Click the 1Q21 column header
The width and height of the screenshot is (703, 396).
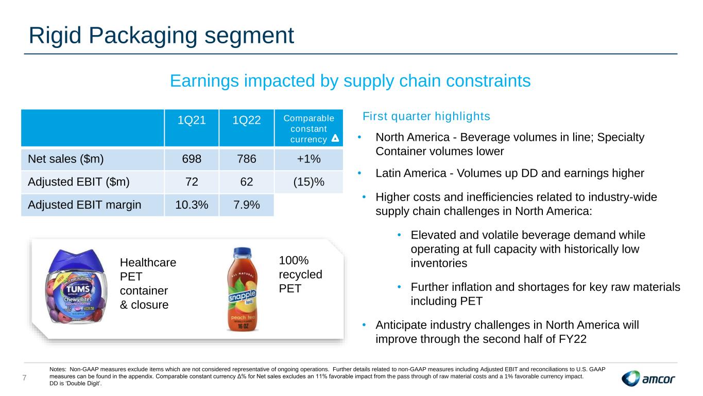[192, 120]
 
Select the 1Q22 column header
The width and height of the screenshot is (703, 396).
[246, 120]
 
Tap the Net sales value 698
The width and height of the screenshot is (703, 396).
[192, 159]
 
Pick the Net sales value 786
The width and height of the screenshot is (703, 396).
[246, 159]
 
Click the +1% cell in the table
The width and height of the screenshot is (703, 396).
[308, 159]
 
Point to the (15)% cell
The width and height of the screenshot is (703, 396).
[308, 182]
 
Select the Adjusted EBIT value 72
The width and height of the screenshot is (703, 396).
[192, 182]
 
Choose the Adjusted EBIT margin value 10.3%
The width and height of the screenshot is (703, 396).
[192, 205]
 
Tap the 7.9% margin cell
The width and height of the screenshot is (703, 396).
[246, 205]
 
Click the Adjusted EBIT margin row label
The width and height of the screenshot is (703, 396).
[84, 205]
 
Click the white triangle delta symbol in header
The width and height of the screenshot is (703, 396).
[335, 138]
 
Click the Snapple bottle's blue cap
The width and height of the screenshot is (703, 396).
[242, 253]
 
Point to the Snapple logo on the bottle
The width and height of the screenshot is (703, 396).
[242, 296]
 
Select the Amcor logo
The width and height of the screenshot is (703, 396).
[648, 378]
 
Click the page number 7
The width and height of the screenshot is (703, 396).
[25, 378]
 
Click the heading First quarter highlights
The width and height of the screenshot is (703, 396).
[426, 117]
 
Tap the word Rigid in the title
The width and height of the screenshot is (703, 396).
[55, 36]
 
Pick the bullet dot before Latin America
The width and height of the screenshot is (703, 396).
[359, 173]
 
